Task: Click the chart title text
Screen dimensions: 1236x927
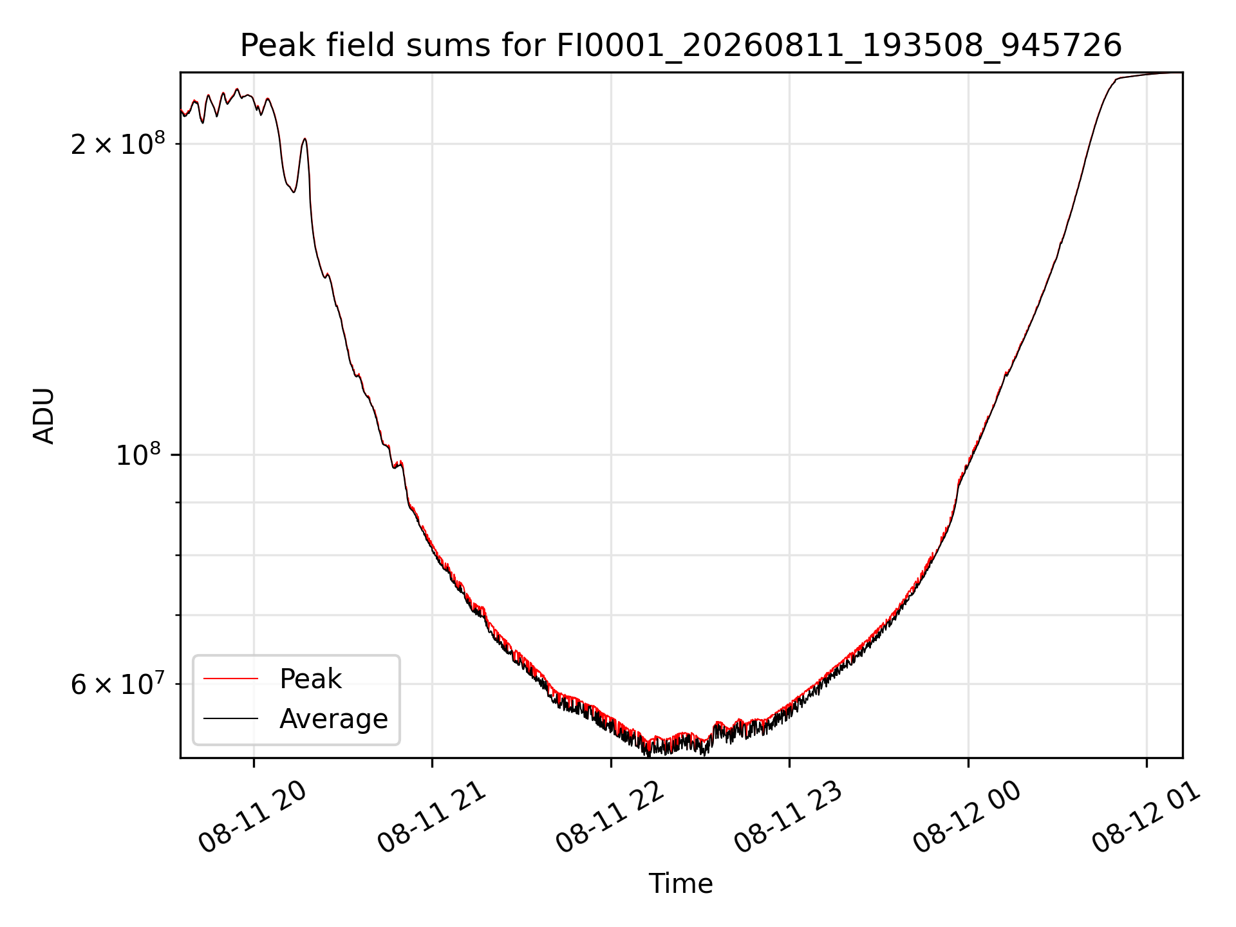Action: pos(681,46)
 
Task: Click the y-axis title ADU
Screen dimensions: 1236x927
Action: pos(44,415)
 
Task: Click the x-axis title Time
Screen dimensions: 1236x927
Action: pos(680,883)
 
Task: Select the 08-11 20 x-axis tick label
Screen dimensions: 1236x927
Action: pos(252,818)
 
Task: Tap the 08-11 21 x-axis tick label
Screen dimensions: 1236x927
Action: pos(431,818)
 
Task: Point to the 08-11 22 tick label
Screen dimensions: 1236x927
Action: pos(610,818)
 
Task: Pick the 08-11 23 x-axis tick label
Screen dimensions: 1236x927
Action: pos(789,818)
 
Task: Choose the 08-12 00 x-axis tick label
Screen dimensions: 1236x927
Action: pos(967,818)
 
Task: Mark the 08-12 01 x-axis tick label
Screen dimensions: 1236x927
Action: pos(1146,818)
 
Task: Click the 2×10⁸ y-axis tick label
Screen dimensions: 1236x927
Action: pos(117,144)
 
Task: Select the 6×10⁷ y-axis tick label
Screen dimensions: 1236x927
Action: pos(117,684)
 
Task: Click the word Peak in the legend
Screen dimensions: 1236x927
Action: pos(310,679)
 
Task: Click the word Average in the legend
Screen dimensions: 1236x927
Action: pos(333,719)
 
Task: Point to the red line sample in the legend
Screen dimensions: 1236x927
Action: pos(230,679)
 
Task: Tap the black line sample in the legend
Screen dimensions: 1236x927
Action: pos(230,718)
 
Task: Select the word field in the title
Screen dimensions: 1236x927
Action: pos(361,46)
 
